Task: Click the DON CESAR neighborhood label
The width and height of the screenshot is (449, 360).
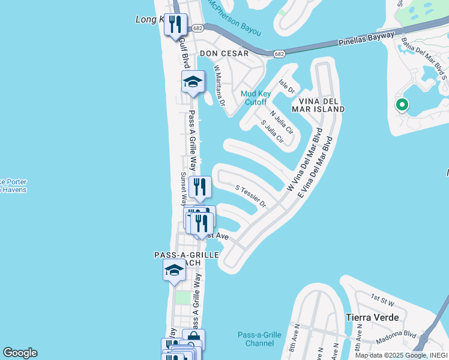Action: (x=224, y=53)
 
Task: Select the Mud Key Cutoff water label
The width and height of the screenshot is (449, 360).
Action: (x=257, y=97)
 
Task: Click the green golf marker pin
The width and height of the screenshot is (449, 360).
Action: (x=402, y=105)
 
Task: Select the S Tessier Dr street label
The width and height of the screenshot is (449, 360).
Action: (x=251, y=196)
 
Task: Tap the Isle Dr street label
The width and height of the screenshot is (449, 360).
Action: (x=288, y=88)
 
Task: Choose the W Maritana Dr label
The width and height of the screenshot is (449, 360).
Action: (x=219, y=89)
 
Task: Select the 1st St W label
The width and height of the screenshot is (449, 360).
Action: (x=382, y=298)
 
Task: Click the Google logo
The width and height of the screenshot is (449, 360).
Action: (x=20, y=353)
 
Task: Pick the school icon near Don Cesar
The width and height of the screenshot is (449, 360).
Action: (x=193, y=82)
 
